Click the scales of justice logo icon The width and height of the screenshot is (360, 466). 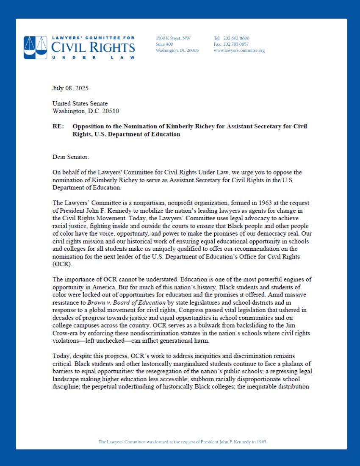click(36, 47)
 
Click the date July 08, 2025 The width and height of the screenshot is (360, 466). click(70, 89)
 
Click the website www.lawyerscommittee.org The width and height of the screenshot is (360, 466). click(239, 50)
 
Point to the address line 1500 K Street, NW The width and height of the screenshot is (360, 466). click(173, 38)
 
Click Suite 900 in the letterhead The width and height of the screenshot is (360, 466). click(164, 44)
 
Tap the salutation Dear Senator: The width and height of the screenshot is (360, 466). click(71, 157)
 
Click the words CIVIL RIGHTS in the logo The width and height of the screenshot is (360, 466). click(93, 47)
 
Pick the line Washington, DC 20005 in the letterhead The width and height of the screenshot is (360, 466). click(177, 50)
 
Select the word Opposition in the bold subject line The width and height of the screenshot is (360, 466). click(88, 127)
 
